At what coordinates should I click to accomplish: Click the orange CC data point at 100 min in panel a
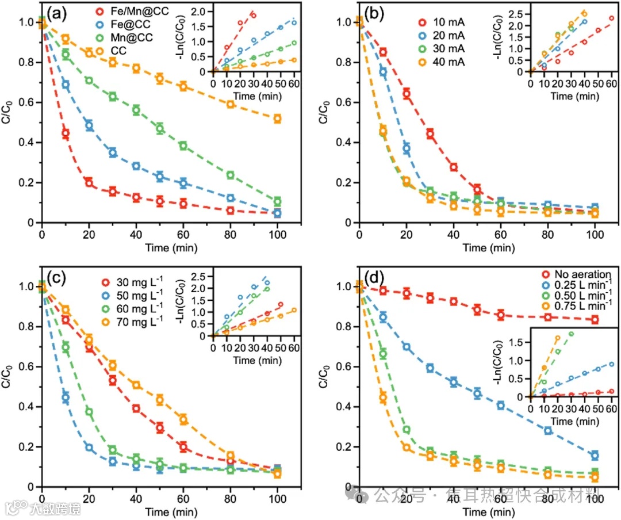point(277,119)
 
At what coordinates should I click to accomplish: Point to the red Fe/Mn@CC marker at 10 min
point(66,133)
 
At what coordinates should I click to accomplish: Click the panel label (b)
point(374,12)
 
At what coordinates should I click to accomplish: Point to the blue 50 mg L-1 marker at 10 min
point(66,397)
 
